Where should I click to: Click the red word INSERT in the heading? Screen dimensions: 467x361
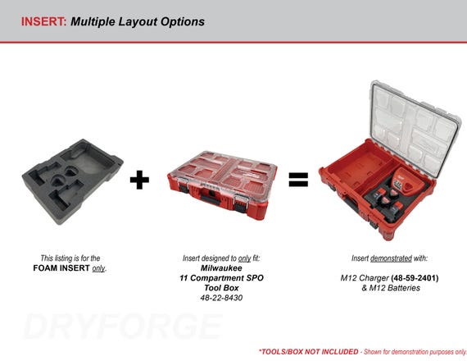point(43,21)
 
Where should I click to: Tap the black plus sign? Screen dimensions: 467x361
point(139,180)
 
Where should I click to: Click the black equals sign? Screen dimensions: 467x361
point(298,180)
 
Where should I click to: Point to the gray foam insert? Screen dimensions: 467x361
point(72,180)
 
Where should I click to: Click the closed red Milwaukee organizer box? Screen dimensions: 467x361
point(222,185)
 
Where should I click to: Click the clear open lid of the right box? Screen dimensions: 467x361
point(415,129)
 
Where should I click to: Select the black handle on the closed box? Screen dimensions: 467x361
point(211,199)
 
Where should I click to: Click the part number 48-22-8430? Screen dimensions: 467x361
point(221,298)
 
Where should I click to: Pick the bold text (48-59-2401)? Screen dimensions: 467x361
point(415,278)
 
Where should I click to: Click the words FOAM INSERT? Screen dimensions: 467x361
point(61,268)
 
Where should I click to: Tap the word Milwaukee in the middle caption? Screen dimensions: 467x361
point(221,268)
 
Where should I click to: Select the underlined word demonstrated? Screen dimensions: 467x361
point(391,258)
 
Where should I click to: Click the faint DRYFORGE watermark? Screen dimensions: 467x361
point(123,326)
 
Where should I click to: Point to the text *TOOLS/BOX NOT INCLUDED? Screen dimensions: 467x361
point(308,352)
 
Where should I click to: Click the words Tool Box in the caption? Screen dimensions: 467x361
point(221,288)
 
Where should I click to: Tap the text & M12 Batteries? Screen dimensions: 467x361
point(391,288)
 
